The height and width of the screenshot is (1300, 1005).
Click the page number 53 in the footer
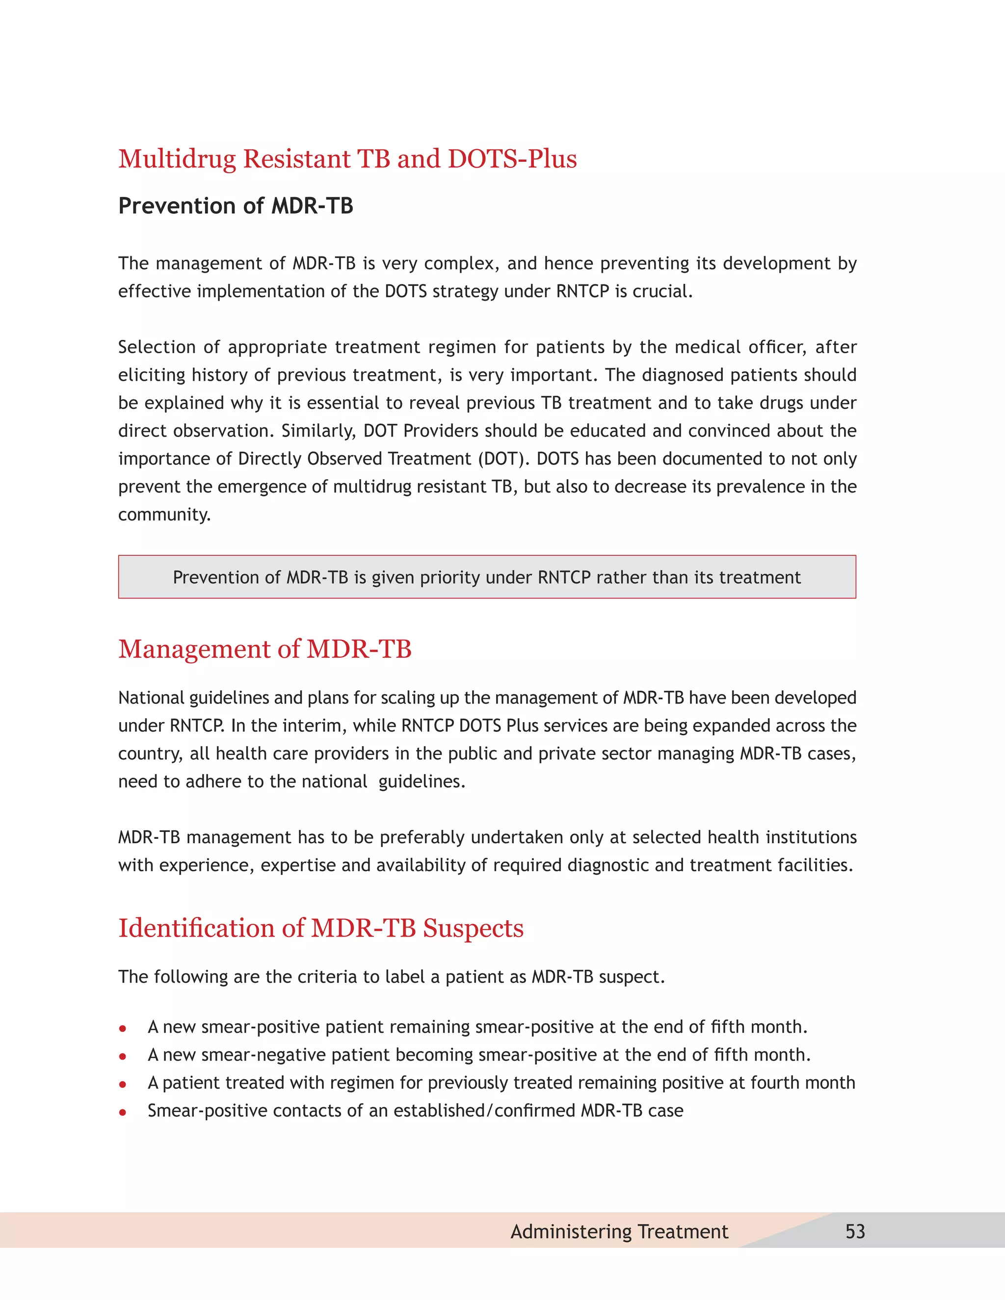point(855,1231)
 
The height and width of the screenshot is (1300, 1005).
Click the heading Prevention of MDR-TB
point(236,206)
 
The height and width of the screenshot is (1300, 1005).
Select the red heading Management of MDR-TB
point(265,649)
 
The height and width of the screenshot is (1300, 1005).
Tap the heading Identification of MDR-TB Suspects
point(321,928)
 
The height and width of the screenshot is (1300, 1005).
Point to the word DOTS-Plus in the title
point(512,159)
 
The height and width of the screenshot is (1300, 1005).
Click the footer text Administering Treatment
point(619,1231)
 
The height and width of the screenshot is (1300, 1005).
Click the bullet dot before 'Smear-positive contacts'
point(123,1111)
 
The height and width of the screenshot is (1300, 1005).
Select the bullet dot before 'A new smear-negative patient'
point(123,1056)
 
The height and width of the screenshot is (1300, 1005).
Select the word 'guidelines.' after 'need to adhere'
point(422,781)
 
